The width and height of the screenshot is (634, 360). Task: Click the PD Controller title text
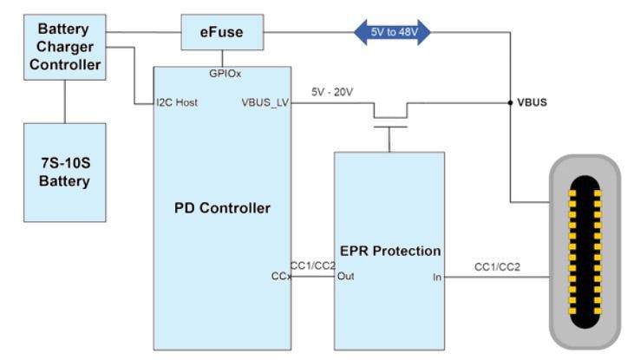tap(223, 208)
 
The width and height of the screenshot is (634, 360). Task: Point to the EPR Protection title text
tap(389, 251)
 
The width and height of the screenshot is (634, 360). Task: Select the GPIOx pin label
tap(223, 74)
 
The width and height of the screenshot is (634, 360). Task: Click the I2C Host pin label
tap(177, 102)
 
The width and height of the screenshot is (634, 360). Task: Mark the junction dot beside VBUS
tap(510, 102)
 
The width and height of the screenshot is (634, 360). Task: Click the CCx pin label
tap(281, 277)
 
